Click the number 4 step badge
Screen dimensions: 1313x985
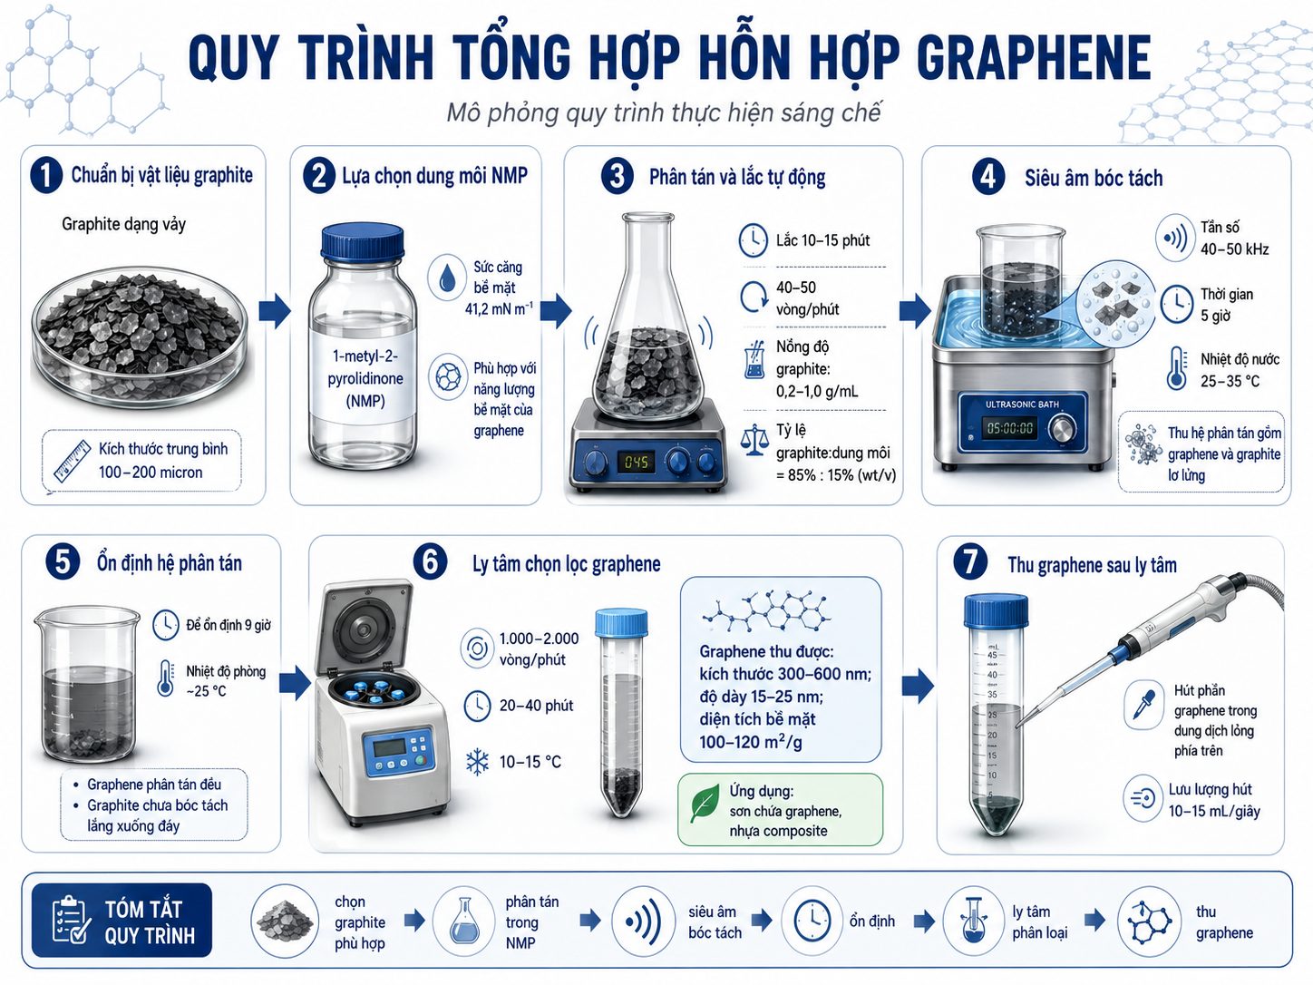[987, 177]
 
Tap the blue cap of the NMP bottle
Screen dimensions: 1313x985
[363, 241]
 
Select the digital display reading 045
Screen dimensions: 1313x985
[636, 462]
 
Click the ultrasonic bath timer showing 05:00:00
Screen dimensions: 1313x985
[1010, 427]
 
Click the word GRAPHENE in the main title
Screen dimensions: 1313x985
[1033, 57]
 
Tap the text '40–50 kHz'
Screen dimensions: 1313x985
[1235, 249]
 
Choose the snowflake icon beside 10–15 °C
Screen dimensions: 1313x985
[477, 762]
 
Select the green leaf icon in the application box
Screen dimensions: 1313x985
[705, 804]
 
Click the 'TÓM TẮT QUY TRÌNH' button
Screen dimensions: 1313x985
[122, 921]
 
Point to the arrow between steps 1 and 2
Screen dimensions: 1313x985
[275, 311]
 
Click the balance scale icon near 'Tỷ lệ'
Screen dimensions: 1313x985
[754, 440]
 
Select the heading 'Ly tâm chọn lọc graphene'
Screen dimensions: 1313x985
[567, 563]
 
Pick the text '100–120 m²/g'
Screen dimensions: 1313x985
[751, 742]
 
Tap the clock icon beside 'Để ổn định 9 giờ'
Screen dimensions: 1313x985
[165, 625]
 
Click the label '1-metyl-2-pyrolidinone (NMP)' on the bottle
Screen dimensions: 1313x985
[365, 378]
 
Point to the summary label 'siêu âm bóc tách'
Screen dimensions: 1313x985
[715, 922]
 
